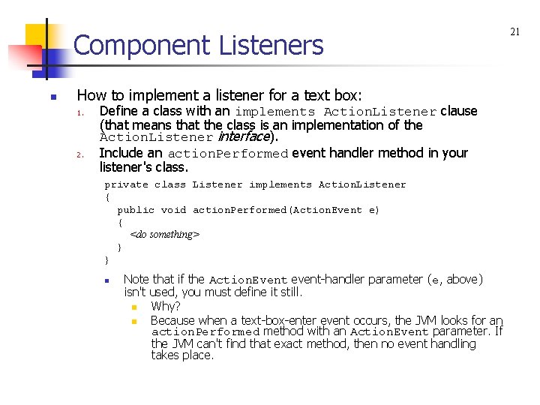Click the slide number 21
pos(514,31)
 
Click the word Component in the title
pos(142,46)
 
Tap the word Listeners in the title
pos(271,46)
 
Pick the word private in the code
pos(126,184)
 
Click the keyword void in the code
pos(173,210)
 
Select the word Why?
pos(165,307)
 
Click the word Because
pos(172,320)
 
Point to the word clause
pos(459,111)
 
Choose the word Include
pos(121,153)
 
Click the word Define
pos(118,111)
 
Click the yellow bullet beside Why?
pos(134,307)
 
